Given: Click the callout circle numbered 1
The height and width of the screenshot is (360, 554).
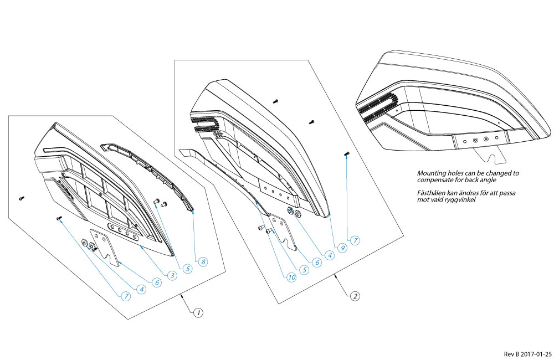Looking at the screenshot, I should pos(197,312).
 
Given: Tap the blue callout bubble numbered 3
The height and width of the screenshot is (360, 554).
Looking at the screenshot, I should pos(172,275).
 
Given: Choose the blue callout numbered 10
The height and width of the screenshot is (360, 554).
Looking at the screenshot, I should pos(291,276).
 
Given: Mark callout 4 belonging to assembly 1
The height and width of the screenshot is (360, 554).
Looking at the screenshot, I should pos(142,289).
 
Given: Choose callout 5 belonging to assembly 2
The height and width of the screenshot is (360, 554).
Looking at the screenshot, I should pos(304,270).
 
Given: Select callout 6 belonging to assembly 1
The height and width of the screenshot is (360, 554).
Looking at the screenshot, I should pos(157,282).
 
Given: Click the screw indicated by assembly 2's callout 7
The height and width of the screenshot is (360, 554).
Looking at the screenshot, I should pos(347,154).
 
